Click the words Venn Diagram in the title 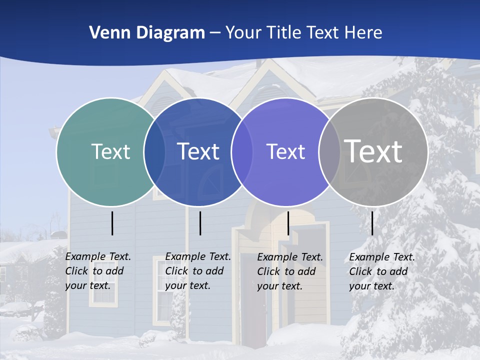pos(147,33)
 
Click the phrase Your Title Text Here pos(303,33)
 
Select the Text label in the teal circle pos(110,151)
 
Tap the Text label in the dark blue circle pos(198,151)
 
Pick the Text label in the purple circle pos(285,151)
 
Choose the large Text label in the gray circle pos(373,151)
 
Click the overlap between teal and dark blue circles pos(154,152)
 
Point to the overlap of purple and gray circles pos(329,152)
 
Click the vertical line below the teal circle pos(112,223)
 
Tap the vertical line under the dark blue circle pos(200,223)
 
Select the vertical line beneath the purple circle pos(288,223)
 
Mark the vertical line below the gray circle pos(372,223)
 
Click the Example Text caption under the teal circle pos(98,271)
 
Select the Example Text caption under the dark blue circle pos(198,271)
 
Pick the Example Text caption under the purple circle pos(290,271)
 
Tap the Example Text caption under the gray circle pos(382,271)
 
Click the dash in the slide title pos(215,33)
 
